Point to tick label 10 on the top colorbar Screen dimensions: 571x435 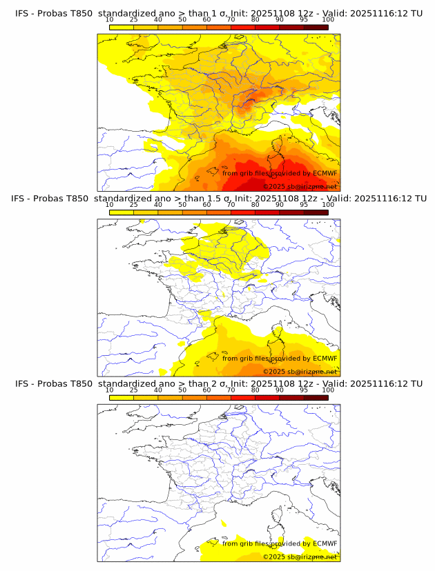(x=110, y=20)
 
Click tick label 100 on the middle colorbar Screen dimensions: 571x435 (x=328, y=205)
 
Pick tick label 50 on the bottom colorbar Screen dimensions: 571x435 (x=182, y=390)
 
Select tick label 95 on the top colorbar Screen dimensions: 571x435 (x=304, y=20)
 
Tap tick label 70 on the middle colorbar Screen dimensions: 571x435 (x=231, y=205)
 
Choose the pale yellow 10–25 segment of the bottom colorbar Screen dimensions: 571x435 (x=122, y=397)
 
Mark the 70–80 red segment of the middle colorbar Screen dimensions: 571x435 (x=243, y=212)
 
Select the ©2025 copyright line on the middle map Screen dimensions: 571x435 (x=300, y=371)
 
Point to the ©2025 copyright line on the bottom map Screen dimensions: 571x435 (x=300, y=557)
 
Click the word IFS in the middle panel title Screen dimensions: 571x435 (x=22, y=199)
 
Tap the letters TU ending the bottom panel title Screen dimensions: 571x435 (x=416, y=383)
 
